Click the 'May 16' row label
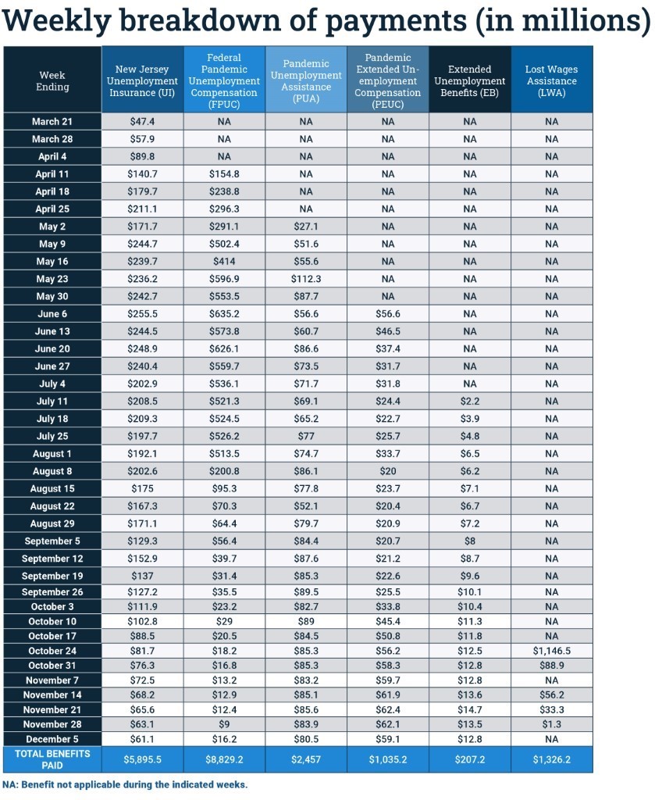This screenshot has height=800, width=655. pyautogui.click(x=52, y=261)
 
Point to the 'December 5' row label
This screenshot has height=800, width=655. pyautogui.click(x=52, y=739)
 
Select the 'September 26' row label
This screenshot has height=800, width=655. pyautogui.click(x=52, y=591)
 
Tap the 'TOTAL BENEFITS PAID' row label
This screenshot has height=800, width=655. pyautogui.click(x=52, y=759)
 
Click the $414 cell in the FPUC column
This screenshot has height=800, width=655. pyautogui.click(x=224, y=261)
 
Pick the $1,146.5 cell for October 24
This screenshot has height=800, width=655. pyautogui.click(x=551, y=651)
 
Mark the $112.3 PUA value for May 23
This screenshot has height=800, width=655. pyautogui.click(x=306, y=279)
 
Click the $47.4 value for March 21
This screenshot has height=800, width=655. pyautogui.click(x=142, y=122)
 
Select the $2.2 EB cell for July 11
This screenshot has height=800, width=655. pyautogui.click(x=470, y=401)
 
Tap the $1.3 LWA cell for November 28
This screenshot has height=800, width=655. pyautogui.click(x=551, y=724)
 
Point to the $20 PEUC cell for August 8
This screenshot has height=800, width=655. pyautogui.click(x=388, y=471)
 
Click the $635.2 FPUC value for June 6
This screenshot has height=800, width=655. pyautogui.click(x=224, y=313)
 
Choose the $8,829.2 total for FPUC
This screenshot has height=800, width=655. pyautogui.click(x=224, y=759)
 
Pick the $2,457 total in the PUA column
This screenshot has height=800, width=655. pyautogui.click(x=306, y=759)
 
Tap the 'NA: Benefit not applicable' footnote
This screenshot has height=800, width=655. pyautogui.click(x=125, y=784)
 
